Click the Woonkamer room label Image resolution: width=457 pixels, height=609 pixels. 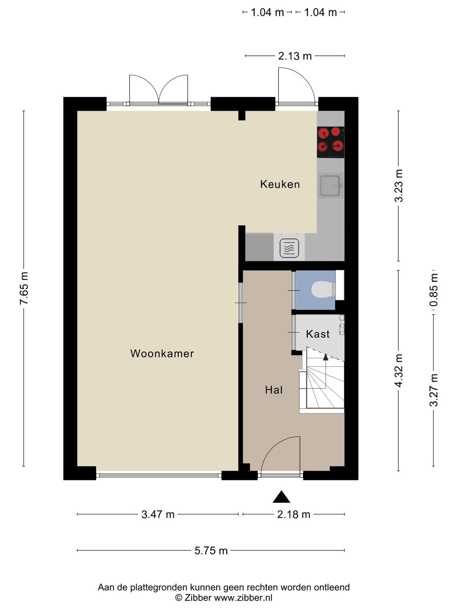pyautogui.click(x=162, y=354)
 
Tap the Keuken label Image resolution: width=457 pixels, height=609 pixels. pyautogui.click(x=280, y=184)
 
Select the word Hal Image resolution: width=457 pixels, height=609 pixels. pyautogui.click(x=274, y=390)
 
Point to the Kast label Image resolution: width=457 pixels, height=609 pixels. pyautogui.click(x=318, y=334)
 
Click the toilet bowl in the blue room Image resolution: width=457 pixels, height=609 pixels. pyautogui.click(x=324, y=289)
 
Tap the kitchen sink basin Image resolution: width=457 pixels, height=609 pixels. pyautogui.click(x=330, y=185)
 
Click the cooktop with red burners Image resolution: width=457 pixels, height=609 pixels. pyautogui.click(x=331, y=143)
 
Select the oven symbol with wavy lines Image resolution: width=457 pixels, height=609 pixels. pyautogui.click(x=289, y=248)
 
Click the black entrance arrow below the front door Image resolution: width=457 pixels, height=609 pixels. pyautogui.click(x=281, y=497)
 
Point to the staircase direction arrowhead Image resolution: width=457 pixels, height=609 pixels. pyautogui.click(x=325, y=357)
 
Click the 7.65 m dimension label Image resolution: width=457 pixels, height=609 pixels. pyautogui.click(x=24, y=288)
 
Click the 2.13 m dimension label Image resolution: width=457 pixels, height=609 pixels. pyautogui.click(x=295, y=56)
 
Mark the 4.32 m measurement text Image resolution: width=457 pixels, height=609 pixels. pyautogui.click(x=399, y=370)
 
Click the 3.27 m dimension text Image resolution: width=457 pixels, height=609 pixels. pyautogui.click(x=434, y=390)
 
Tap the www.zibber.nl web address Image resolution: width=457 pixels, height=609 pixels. pyautogui.click(x=243, y=597)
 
